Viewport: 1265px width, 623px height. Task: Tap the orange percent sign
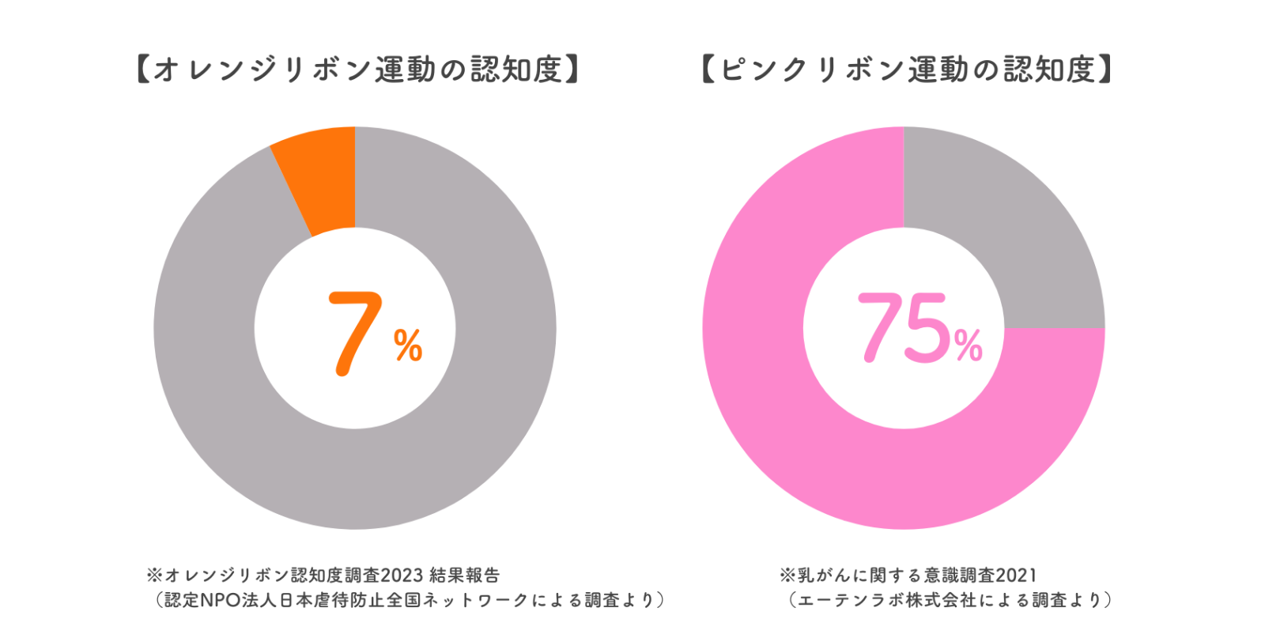408,345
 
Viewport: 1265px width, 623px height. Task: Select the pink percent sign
968,345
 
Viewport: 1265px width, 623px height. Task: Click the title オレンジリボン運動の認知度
357,70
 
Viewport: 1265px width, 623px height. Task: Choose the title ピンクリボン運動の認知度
908,70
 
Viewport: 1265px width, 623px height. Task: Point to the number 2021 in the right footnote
1016,576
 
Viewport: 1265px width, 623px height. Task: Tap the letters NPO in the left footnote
221,600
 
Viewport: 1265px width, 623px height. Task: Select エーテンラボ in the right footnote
851,600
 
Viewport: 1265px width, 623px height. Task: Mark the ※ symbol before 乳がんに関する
787,576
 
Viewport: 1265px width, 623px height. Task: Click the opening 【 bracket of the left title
143,70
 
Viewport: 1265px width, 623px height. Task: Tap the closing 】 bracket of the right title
1105,70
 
